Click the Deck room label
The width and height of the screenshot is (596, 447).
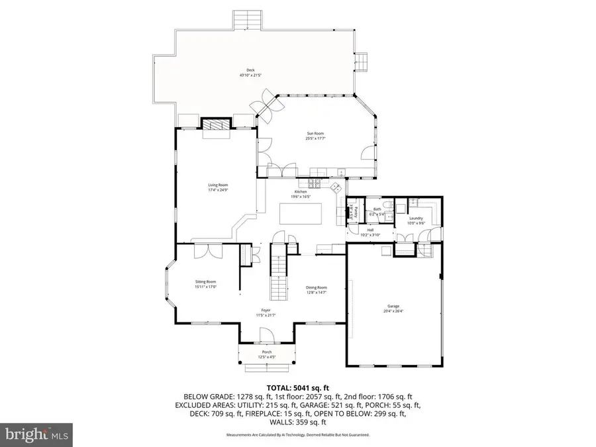[251, 71]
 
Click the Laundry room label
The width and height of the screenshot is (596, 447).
[416, 219]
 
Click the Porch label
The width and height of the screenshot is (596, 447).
[267, 352]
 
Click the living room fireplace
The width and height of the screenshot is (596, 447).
[215, 126]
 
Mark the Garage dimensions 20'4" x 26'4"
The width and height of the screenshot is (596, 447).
[393, 311]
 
